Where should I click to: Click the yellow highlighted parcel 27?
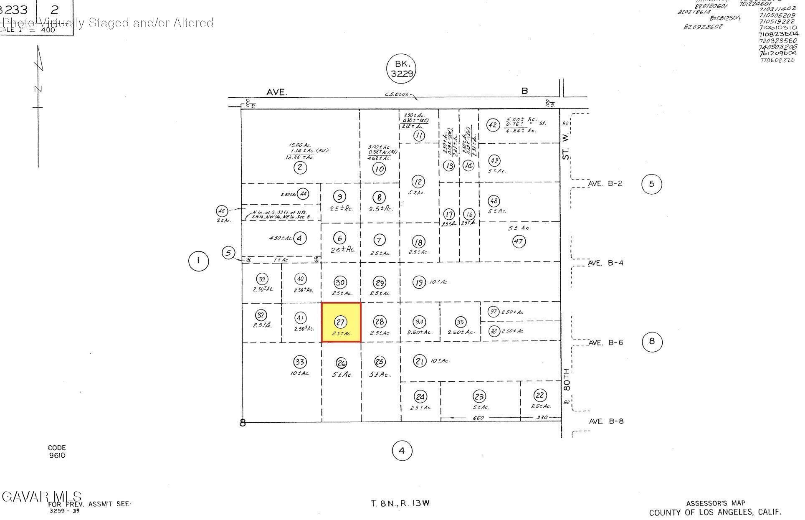click(x=341, y=322)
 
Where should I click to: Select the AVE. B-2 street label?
click(x=605, y=183)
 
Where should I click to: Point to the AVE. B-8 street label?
click(x=606, y=421)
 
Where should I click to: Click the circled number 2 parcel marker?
click(x=300, y=167)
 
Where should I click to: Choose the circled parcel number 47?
click(x=519, y=241)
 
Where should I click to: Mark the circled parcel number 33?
click(x=300, y=362)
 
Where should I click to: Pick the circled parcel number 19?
click(x=419, y=282)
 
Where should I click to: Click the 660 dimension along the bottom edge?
click(x=478, y=418)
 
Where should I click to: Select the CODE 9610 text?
click(x=57, y=452)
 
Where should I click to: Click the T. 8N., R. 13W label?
click(x=400, y=503)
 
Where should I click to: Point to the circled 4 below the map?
click(x=402, y=451)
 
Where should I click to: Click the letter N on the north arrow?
click(x=38, y=89)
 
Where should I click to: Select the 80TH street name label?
click(x=566, y=379)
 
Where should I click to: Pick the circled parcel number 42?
click(x=493, y=125)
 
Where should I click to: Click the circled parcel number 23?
click(x=479, y=396)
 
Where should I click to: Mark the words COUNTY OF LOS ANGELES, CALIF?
click(x=715, y=512)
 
